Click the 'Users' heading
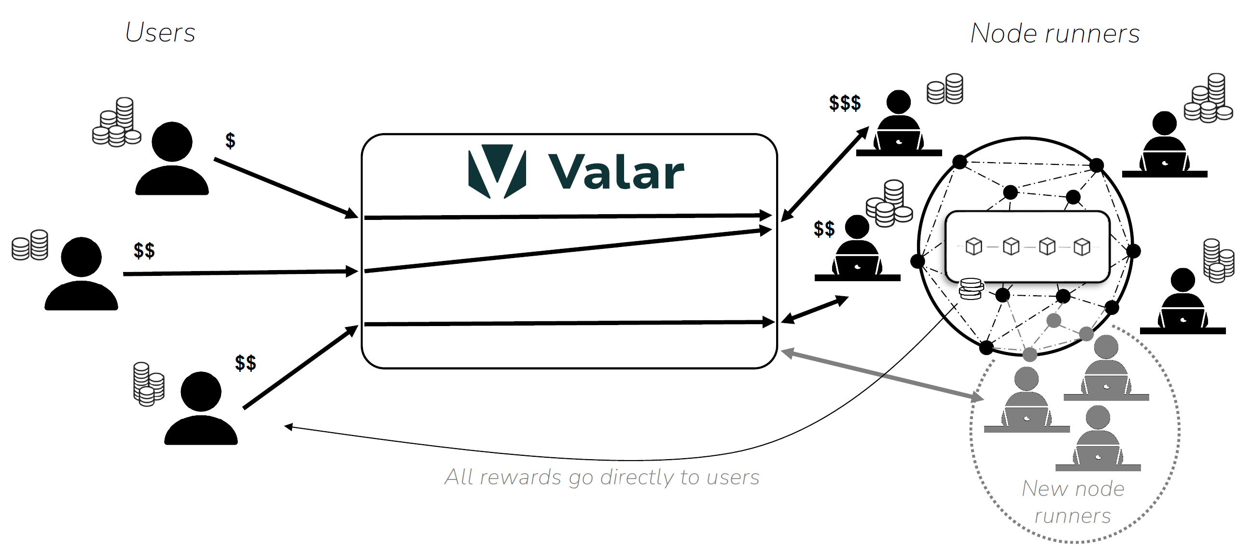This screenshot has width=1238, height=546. pos(160,33)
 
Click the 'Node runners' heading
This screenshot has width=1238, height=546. pos(1055,33)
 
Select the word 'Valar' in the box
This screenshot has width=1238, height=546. pos(616,173)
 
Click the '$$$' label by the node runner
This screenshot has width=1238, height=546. pos(845,103)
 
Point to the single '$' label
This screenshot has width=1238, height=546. pos(230,140)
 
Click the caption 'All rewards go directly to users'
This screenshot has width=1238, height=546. pos(601,477)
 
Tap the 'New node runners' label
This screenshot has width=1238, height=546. pos(1072,502)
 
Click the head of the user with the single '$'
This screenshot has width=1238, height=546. pos(172,142)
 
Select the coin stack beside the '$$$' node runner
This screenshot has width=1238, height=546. pos(945,89)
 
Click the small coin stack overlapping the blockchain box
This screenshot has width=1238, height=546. pos(971,288)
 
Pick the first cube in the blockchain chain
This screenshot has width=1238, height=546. pos(974,246)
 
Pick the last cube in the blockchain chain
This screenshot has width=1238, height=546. pos(1082,246)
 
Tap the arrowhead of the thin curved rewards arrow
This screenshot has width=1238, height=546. pos(289,426)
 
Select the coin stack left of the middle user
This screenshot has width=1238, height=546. pos(30,245)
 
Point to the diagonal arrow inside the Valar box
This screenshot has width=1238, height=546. pos(567,251)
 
